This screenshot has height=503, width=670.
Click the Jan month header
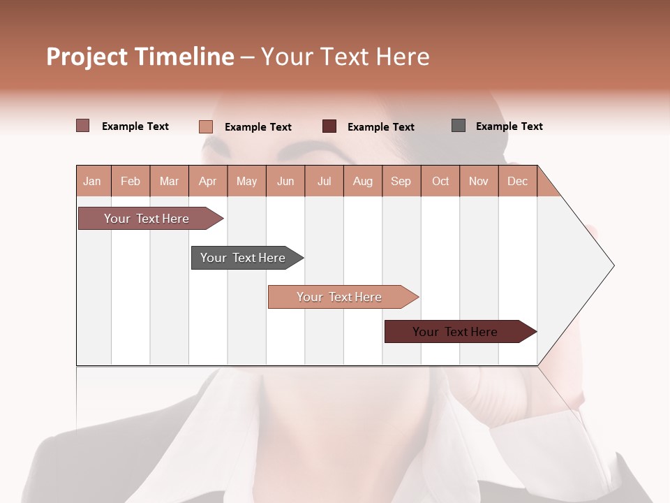pyautogui.click(x=93, y=181)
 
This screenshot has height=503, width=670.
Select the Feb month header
pyautogui.click(x=131, y=181)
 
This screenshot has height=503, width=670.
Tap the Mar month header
pyautogui.click(x=169, y=181)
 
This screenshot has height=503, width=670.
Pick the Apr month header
pyautogui.click(x=208, y=181)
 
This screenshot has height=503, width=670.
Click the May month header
pyautogui.click(x=246, y=181)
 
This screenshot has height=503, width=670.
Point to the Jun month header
pyautogui.click(x=285, y=181)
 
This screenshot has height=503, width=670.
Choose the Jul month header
pyautogui.click(x=324, y=181)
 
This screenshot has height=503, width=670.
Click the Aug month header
pyautogui.click(x=363, y=181)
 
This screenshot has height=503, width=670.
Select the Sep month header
pyautogui.click(x=401, y=181)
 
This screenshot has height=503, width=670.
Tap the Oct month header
pyautogui.click(x=440, y=181)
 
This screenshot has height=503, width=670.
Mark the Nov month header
pyautogui.click(x=479, y=181)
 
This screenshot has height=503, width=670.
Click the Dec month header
pyautogui.click(x=518, y=181)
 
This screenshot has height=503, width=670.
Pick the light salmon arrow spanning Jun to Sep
pyautogui.click(x=341, y=297)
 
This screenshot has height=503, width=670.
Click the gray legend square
pyautogui.click(x=459, y=126)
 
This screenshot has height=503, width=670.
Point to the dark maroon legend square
pyautogui.click(x=329, y=126)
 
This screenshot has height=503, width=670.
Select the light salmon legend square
pyautogui.click(x=206, y=126)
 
